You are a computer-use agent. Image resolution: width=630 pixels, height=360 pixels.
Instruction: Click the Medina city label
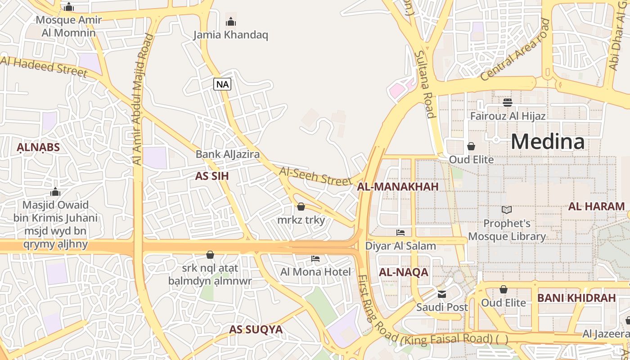pos(548,142)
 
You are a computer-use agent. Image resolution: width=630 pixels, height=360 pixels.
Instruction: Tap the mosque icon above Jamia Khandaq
pos(231,21)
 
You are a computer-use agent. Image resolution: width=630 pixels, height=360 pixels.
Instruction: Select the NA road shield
pos(222,84)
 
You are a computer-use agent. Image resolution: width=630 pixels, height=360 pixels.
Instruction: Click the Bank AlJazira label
pos(227,154)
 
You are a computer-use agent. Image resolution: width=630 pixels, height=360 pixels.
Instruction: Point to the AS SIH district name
pos(212,176)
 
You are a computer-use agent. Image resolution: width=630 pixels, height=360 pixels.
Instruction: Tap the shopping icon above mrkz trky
pos(301,207)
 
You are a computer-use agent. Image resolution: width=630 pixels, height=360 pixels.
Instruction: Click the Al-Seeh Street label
pos(315,176)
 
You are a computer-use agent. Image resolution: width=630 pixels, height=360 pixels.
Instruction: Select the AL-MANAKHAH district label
pos(397,187)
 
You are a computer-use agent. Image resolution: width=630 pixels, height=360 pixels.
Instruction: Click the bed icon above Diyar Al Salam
pos(400,232)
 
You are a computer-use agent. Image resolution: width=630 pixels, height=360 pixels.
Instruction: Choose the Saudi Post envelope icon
pos(442,294)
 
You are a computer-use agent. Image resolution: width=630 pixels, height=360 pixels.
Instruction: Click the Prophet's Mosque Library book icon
pos(507,210)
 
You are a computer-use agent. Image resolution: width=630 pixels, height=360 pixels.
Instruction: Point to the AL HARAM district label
pos(596,207)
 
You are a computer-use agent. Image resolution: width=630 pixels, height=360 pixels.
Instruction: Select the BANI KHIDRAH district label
pos(576,298)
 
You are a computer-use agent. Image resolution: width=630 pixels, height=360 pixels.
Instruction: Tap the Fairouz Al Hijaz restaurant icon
pos(508,103)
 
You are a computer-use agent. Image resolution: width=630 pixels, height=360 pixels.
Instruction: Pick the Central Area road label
pos(516,49)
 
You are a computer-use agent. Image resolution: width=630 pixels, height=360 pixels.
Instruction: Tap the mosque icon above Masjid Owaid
pos(55,192)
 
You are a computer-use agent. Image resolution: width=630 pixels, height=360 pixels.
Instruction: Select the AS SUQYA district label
pos(256,329)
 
